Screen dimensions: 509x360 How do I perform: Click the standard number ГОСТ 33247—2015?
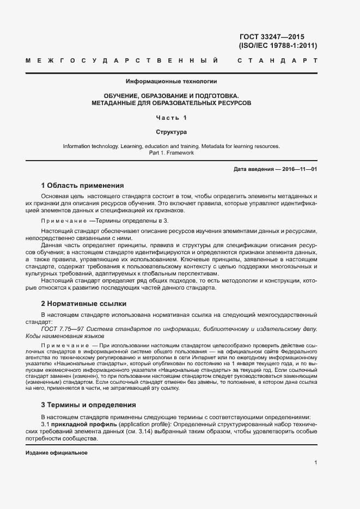click(278, 36)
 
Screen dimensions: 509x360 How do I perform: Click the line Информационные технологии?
click(171, 82)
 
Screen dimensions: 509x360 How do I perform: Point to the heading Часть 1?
click(171, 118)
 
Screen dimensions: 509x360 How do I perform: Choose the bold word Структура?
click(171, 132)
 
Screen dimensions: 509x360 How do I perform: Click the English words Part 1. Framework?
click(171, 153)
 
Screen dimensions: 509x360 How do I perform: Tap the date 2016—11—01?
click(298, 169)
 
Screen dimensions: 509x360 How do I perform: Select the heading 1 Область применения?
click(82, 185)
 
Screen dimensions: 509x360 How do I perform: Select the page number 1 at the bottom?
click(316, 463)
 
